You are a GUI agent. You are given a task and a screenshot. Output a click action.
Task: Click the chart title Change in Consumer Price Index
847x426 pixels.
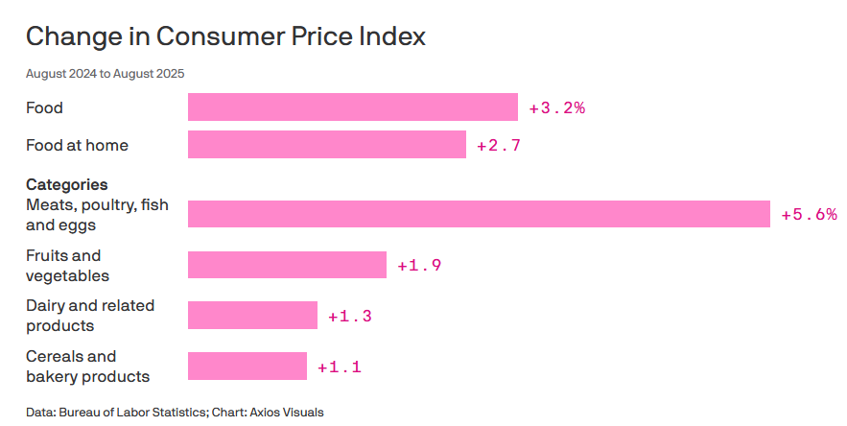click(x=225, y=36)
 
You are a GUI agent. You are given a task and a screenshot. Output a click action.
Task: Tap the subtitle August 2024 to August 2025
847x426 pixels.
click(x=105, y=74)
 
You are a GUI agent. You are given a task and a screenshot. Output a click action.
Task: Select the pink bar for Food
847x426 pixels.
click(x=352, y=107)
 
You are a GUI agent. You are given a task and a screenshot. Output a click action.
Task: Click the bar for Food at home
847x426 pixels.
click(x=326, y=145)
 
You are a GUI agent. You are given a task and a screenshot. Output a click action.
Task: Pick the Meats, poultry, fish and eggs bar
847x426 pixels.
click(x=479, y=214)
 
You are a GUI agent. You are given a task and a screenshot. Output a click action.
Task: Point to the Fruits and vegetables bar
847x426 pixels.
click(x=286, y=265)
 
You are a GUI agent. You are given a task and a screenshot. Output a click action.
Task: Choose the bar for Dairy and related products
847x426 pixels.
click(x=252, y=315)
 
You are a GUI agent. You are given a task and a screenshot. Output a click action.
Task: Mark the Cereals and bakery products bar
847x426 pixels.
click(x=247, y=366)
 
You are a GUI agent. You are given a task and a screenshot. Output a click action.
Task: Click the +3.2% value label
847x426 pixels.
click(x=556, y=107)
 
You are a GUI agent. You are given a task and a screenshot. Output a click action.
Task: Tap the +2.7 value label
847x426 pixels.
click(x=499, y=146)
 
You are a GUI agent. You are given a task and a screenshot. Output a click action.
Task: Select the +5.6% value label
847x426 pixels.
click(x=809, y=214)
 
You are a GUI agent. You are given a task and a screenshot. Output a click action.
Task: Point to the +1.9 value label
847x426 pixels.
click(x=419, y=265)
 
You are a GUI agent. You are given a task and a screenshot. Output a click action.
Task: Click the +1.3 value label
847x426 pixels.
click(x=349, y=316)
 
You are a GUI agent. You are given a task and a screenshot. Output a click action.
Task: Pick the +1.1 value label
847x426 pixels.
click(x=339, y=367)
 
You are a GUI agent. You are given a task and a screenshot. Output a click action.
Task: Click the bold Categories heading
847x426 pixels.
click(x=66, y=184)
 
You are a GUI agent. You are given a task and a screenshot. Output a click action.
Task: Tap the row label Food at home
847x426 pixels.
click(x=77, y=145)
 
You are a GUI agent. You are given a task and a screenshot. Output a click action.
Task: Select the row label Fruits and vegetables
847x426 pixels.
click(x=67, y=266)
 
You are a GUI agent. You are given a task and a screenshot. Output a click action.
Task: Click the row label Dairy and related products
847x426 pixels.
click(x=90, y=316)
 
